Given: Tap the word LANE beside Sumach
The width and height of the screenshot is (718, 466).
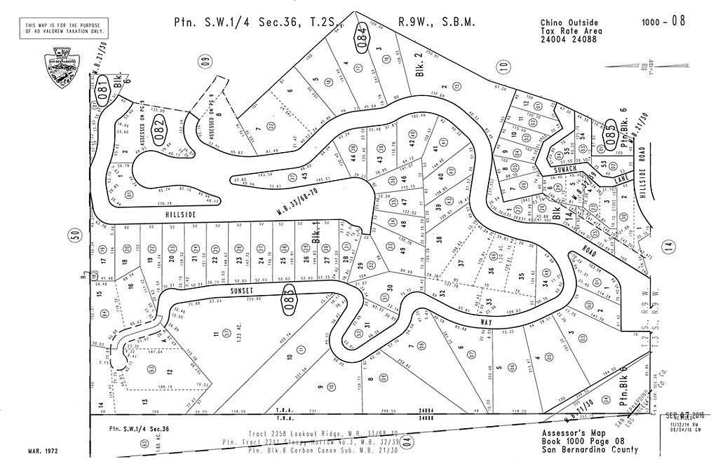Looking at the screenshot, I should point(620,180).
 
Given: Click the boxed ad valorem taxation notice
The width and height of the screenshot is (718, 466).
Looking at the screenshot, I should point(65,28).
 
